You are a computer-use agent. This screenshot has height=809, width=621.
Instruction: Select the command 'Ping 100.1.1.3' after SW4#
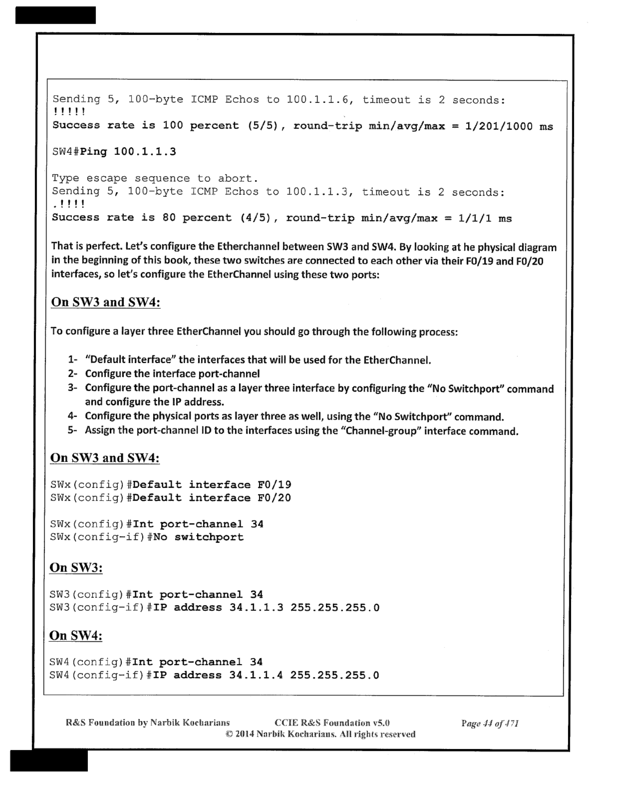click(128, 151)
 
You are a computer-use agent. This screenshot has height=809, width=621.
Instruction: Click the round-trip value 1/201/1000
click(499, 126)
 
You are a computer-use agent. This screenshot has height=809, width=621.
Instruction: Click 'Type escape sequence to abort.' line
click(155, 179)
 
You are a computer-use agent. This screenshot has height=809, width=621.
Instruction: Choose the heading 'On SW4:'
click(76, 635)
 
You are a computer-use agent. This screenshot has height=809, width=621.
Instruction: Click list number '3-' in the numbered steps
click(73, 388)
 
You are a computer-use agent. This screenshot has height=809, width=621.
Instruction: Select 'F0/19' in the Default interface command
click(274, 485)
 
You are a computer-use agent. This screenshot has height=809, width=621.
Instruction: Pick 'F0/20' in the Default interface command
click(274, 498)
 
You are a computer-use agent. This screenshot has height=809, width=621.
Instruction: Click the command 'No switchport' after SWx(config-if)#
click(199, 537)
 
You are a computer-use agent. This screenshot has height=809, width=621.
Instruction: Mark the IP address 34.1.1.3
click(256, 608)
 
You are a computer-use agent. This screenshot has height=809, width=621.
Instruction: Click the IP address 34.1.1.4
click(256, 675)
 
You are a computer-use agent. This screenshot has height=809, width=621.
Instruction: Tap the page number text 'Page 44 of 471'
click(490, 723)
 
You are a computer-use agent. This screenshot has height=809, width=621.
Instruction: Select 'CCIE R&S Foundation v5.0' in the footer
click(332, 723)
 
